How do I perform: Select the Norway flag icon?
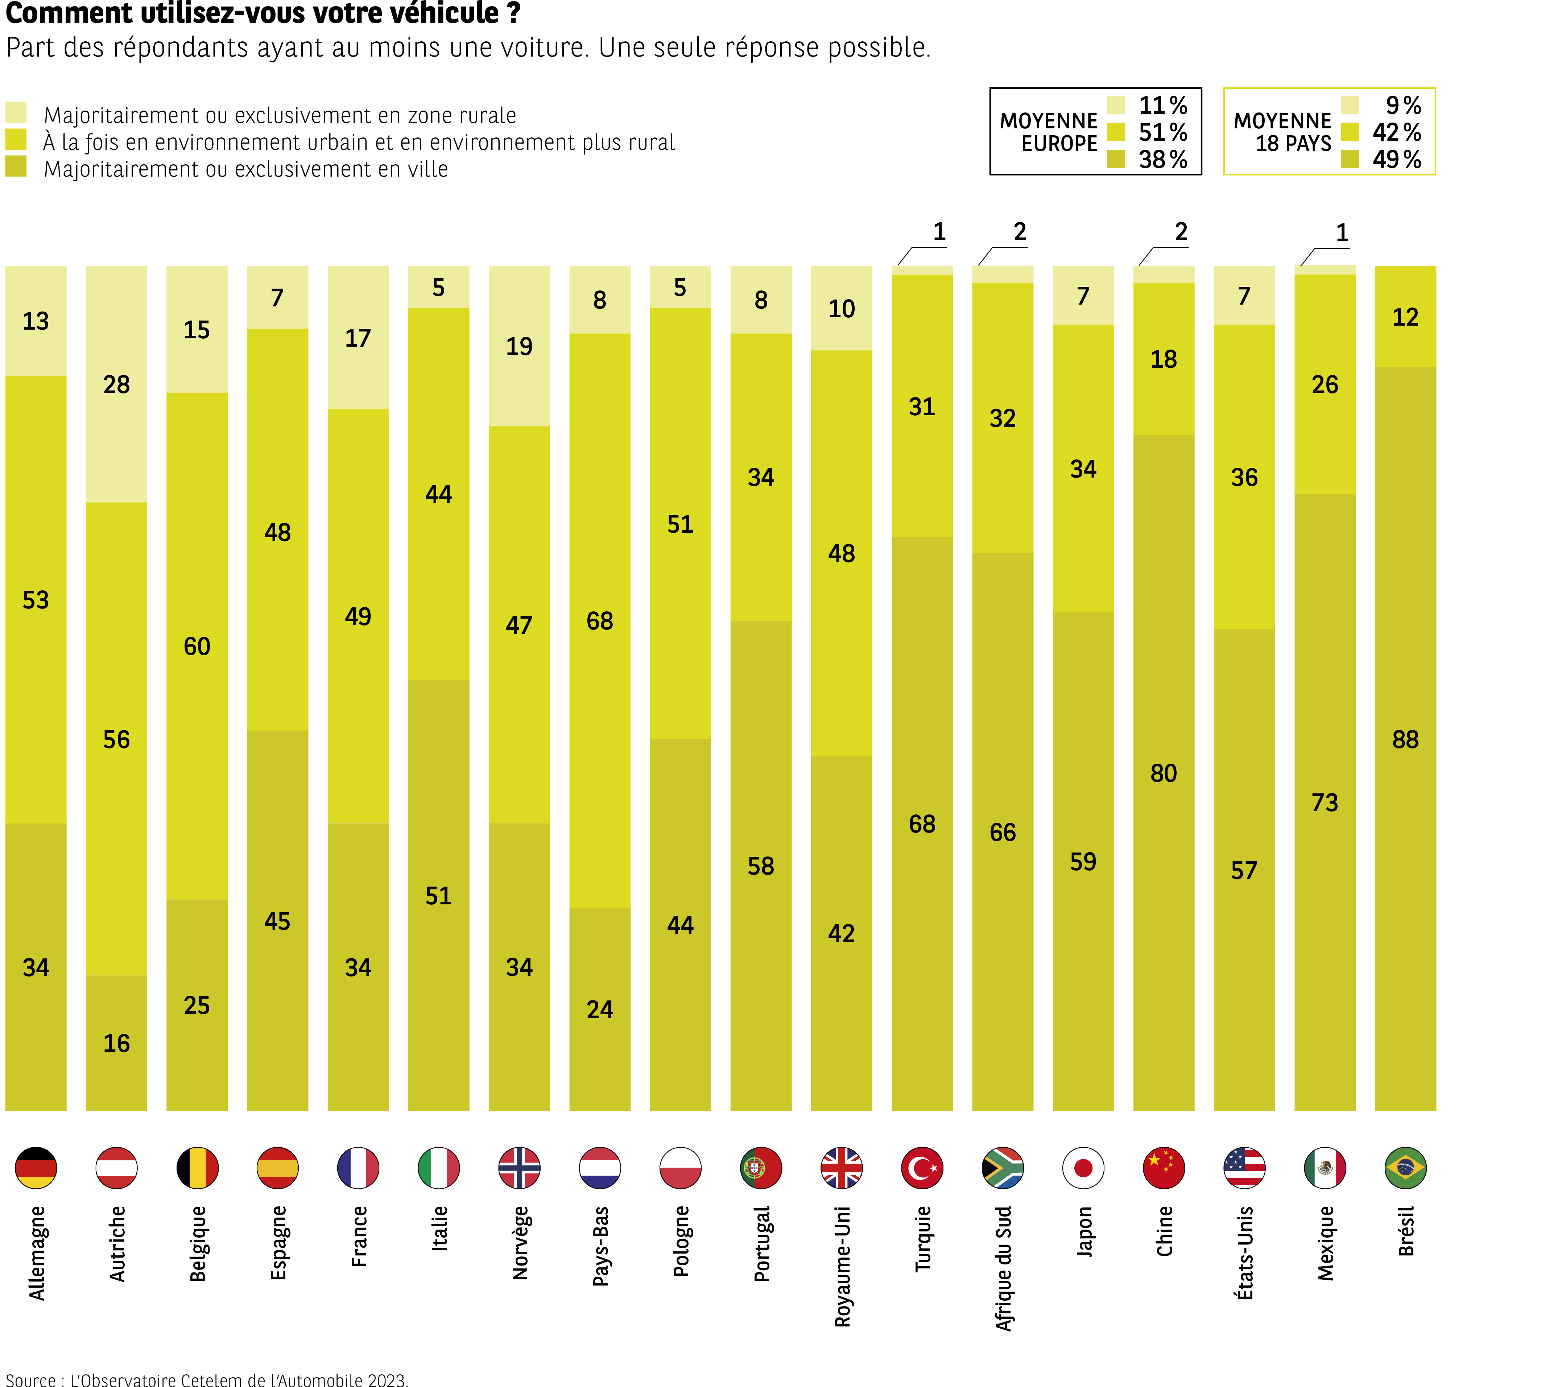click(519, 1168)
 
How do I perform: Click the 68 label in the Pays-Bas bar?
click(600, 621)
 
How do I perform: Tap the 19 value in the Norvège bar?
click(519, 347)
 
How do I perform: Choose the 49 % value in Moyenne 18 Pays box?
click(1396, 159)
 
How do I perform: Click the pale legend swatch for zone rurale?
click(16, 113)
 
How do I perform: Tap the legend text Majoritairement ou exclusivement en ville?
click(245, 169)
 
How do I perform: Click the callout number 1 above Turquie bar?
click(939, 232)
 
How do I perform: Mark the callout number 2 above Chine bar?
click(1181, 232)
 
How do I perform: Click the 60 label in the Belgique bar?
click(197, 646)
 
